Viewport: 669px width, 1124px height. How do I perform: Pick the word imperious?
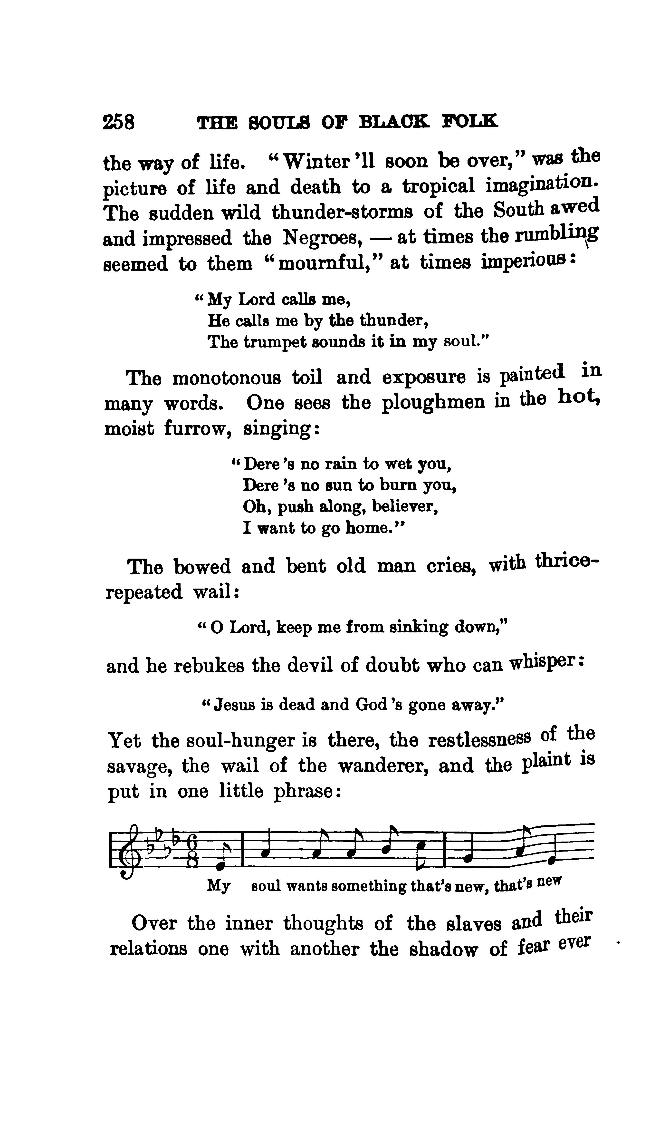click(x=523, y=262)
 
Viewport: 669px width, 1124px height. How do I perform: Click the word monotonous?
click(x=227, y=377)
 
